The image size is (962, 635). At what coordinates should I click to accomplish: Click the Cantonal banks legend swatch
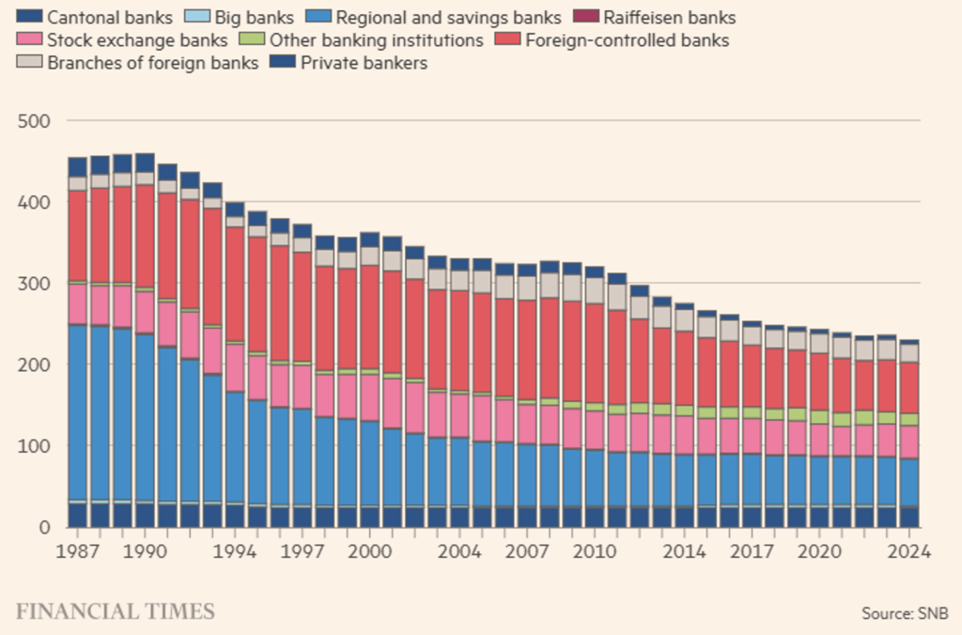[30, 17]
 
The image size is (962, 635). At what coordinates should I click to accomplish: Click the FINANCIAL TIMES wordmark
[115, 612]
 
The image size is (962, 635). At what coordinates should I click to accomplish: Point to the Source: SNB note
[905, 613]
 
